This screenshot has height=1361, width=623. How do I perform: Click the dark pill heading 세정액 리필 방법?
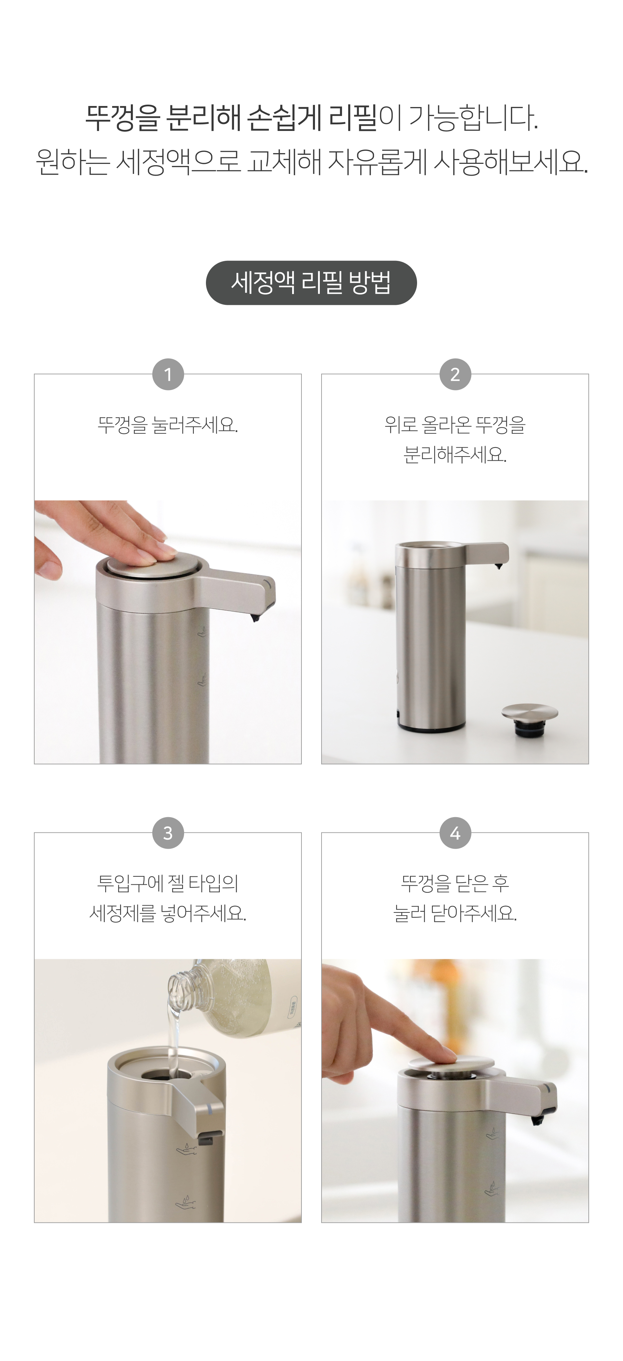click(311, 283)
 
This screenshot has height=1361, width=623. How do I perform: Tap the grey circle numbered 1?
click(168, 374)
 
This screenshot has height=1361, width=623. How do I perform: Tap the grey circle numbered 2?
click(455, 374)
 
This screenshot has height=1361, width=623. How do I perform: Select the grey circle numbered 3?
click(168, 833)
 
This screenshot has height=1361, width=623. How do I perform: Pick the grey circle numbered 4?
click(455, 833)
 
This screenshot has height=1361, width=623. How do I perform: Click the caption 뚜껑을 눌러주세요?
click(168, 425)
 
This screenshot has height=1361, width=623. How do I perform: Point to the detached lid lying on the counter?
click(530, 718)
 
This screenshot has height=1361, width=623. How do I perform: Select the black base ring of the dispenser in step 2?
click(431, 728)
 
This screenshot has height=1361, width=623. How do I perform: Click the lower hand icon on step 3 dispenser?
click(186, 1202)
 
